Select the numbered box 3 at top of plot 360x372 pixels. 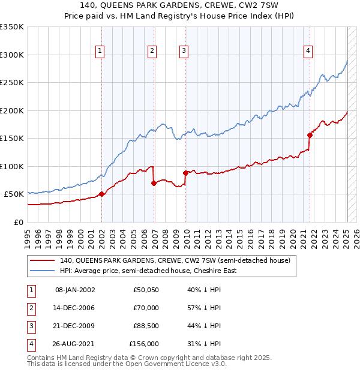(183, 52)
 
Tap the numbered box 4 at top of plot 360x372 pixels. (307, 52)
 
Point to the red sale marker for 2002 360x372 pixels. (101, 194)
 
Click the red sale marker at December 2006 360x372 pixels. (154, 183)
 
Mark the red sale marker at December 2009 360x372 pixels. (186, 173)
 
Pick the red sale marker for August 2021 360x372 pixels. (310, 135)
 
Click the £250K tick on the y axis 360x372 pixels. (12, 82)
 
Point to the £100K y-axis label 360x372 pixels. (12, 166)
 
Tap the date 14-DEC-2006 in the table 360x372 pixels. (75, 308)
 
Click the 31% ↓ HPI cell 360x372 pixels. (204, 344)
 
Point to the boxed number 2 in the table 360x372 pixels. (30, 308)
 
